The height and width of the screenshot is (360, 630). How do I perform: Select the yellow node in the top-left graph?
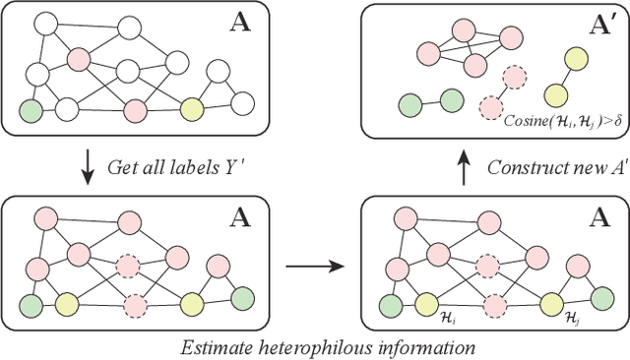(x=192, y=107)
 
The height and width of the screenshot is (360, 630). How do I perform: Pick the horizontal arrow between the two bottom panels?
(x=316, y=265)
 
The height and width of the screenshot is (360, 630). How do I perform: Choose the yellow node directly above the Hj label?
(x=554, y=301)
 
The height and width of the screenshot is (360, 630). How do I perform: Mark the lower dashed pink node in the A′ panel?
(x=489, y=105)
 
